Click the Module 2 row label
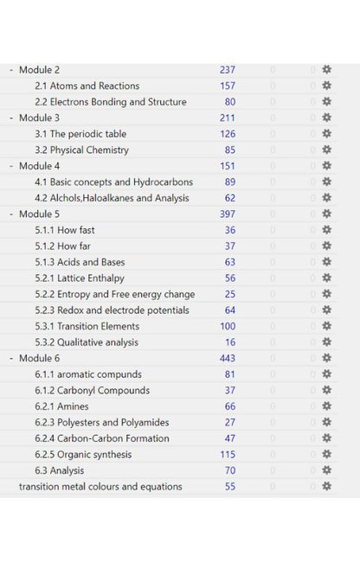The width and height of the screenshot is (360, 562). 39,70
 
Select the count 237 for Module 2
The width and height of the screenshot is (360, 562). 227,70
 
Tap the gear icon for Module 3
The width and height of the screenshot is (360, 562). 326,118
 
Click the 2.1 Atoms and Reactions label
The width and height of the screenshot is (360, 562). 87,86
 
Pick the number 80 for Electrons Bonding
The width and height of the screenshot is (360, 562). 229,102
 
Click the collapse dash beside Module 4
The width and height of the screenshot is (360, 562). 11,166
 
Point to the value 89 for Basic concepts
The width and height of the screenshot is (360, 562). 229,182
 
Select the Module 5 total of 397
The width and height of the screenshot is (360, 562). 227,214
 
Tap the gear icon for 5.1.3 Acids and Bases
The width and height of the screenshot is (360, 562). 326,262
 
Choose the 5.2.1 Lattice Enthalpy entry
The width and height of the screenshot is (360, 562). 80,278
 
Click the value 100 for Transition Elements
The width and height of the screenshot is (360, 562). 228,326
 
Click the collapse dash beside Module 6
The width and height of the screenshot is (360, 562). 11,358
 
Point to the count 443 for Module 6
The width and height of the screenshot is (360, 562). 227,358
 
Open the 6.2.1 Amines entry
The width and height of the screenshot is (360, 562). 61,406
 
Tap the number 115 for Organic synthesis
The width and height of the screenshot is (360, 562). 228,455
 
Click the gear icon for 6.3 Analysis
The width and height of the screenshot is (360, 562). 326,470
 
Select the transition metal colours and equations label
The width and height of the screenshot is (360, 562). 100,487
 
